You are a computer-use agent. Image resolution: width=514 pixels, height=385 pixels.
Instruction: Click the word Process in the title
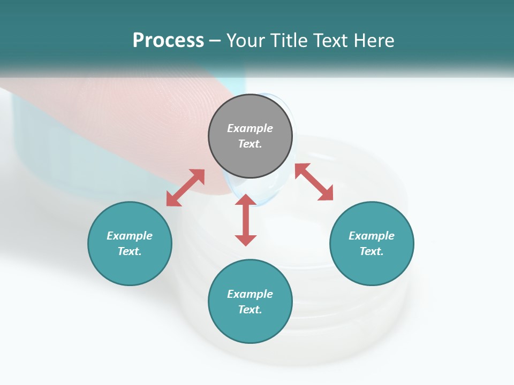coord(168,41)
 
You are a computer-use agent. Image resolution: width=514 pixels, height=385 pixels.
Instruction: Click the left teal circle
coord(130,243)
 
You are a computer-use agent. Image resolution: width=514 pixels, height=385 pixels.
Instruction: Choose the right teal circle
coord(372,243)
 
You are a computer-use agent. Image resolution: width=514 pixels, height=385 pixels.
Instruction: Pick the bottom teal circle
coord(250,302)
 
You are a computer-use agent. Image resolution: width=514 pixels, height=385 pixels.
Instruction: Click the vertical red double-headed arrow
coord(246,220)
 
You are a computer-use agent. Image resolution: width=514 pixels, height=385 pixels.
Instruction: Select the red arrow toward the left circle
coord(185,188)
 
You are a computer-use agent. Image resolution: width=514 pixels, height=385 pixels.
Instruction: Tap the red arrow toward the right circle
coord(314,182)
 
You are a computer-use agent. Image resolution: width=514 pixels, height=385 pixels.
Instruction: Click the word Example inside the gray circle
coord(250,128)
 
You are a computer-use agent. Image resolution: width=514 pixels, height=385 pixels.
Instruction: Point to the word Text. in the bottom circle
coord(250,310)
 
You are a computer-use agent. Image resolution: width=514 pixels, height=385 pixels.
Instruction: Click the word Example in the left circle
coord(130,236)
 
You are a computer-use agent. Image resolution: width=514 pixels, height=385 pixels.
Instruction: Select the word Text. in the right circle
coord(372,251)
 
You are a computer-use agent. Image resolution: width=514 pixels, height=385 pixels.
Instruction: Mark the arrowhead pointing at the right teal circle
coord(326,194)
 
